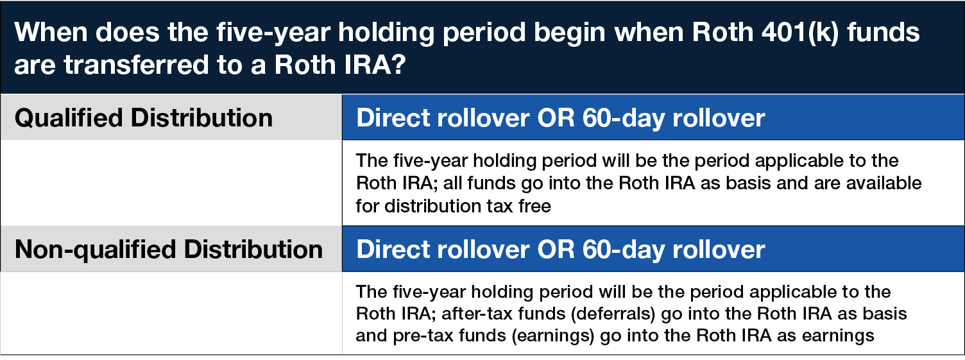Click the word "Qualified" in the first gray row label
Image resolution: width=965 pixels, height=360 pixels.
[x=69, y=118]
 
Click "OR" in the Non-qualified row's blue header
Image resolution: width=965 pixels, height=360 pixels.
[x=556, y=250]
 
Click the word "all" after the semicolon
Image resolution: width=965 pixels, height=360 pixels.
[x=452, y=183]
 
